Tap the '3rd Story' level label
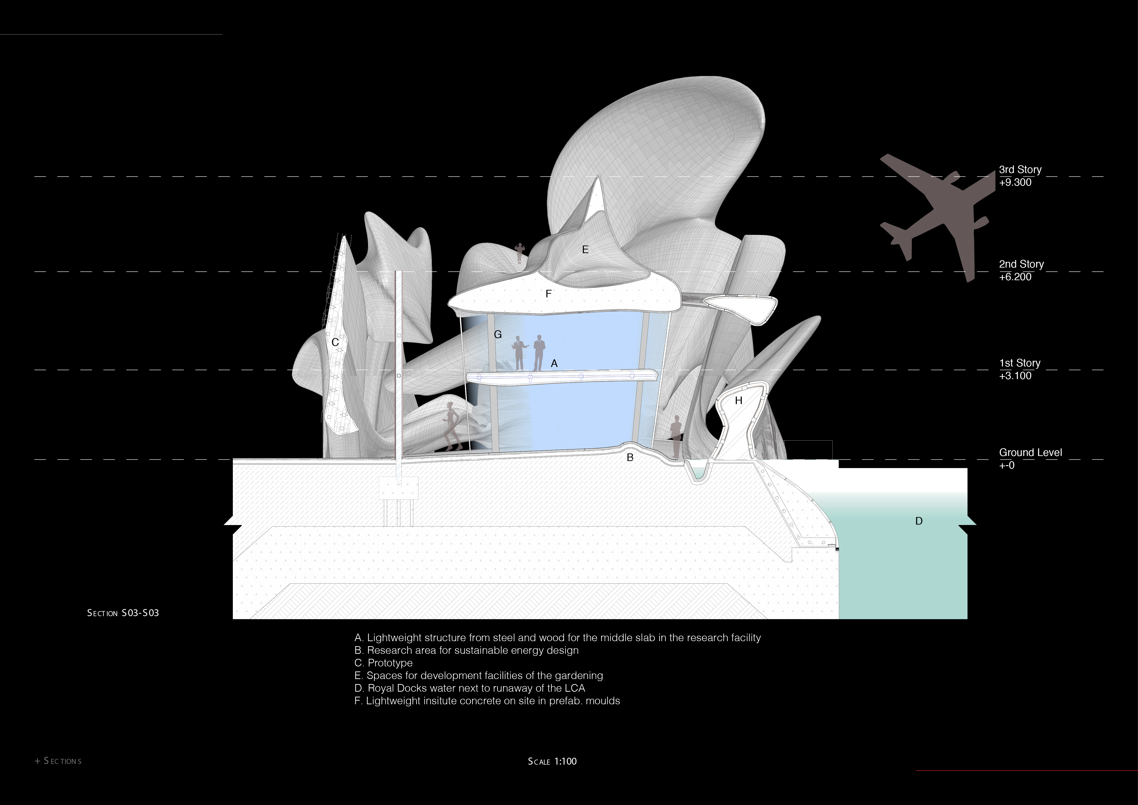point(1020,170)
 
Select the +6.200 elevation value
point(1015,277)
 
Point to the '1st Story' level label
point(1020,363)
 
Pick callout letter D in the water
point(918,521)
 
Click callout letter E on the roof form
point(585,250)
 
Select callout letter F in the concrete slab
point(548,294)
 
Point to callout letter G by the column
point(498,335)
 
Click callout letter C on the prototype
point(335,343)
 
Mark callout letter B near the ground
point(630,458)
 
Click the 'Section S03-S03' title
point(123,613)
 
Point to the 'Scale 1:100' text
point(552,761)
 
